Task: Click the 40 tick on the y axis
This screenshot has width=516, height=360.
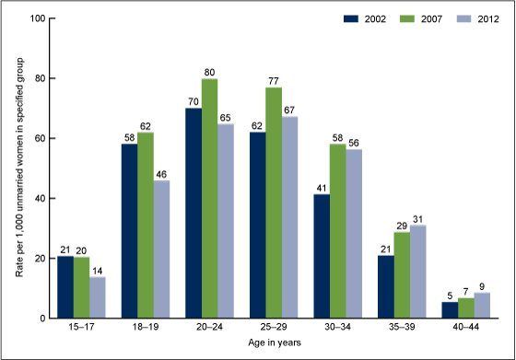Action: (x=41, y=198)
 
